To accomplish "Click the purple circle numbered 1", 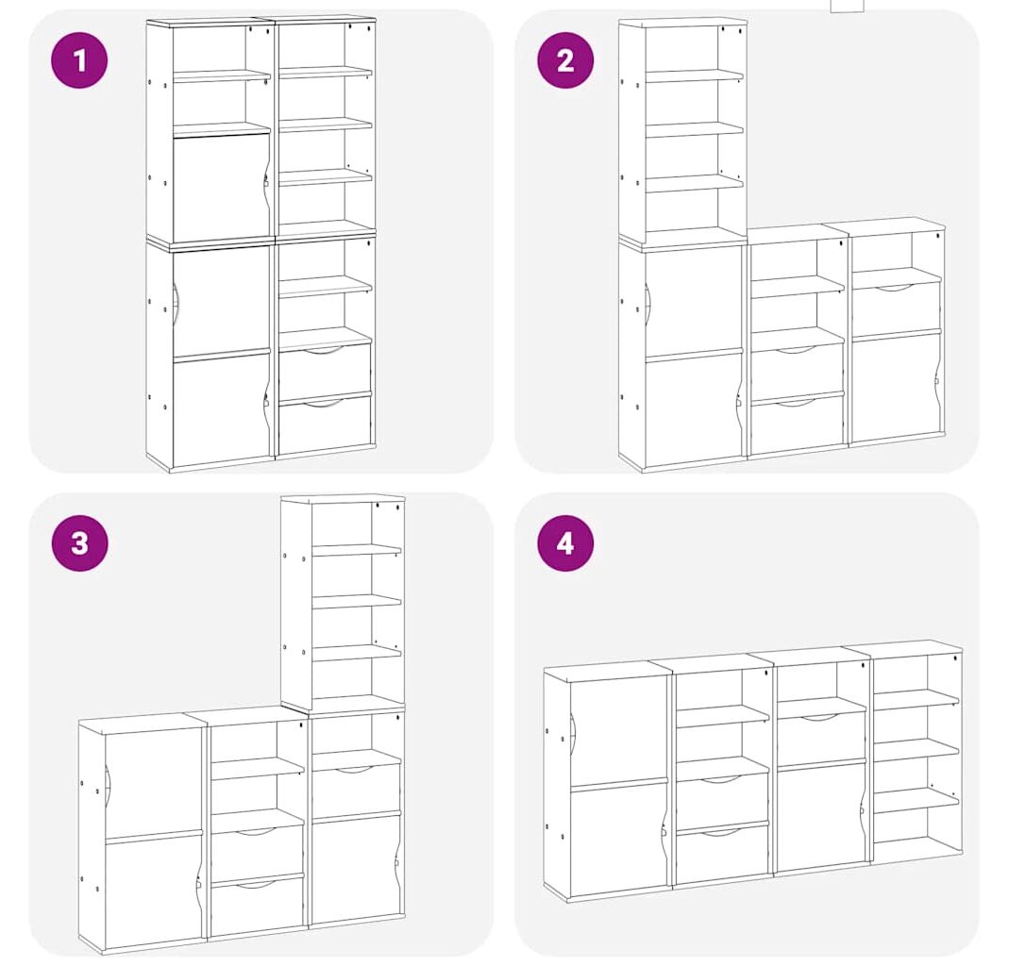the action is tap(79, 61).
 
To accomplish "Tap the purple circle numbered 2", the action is tap(565, 60).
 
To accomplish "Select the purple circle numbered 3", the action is tap(79, 542).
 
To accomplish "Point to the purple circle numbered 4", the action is tap(565, 542).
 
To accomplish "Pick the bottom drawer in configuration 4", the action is tap(723, 852).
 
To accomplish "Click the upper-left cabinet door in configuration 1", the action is tap(221, 187).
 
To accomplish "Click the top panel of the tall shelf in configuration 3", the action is tap(343, 499).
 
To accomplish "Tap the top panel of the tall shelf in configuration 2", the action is tap(682, 23).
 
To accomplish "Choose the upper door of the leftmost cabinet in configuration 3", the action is tap(153, 777).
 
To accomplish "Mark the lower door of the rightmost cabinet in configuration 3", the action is tap(356, 868).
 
